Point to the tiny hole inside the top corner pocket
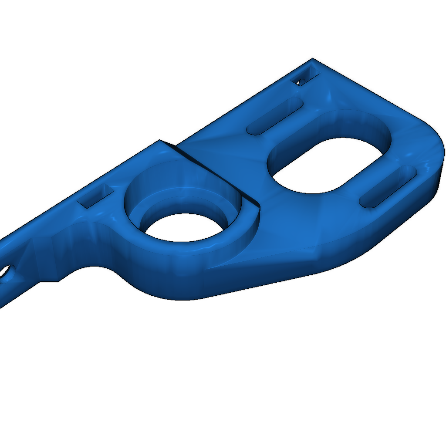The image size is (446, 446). (301, 81)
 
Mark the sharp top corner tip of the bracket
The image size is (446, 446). (312, 59)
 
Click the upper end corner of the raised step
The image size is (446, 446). (160, 140)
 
